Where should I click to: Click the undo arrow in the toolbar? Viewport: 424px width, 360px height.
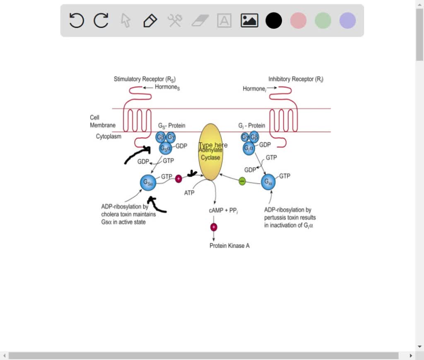77,20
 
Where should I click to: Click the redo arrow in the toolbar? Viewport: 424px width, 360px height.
101,20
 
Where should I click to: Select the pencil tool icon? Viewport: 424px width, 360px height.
150,20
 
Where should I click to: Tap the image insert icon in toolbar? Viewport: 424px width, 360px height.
249,20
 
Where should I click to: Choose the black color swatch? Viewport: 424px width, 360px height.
274,20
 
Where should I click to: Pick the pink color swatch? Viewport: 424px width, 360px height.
298,20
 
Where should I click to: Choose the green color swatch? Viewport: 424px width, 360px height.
323,20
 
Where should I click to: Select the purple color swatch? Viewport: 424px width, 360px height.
347,20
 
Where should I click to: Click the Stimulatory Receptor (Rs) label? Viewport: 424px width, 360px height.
145,79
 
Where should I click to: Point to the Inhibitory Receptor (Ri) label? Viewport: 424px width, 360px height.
296,79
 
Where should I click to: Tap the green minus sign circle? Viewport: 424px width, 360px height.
242,181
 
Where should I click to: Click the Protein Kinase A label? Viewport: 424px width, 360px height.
229,246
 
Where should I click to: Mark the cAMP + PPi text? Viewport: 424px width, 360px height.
223,211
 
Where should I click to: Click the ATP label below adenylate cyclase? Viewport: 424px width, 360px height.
189,193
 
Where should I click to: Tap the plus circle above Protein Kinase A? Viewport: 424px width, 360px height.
214,227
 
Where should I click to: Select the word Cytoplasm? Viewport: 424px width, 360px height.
109,136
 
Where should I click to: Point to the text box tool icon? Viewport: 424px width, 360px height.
224,20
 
